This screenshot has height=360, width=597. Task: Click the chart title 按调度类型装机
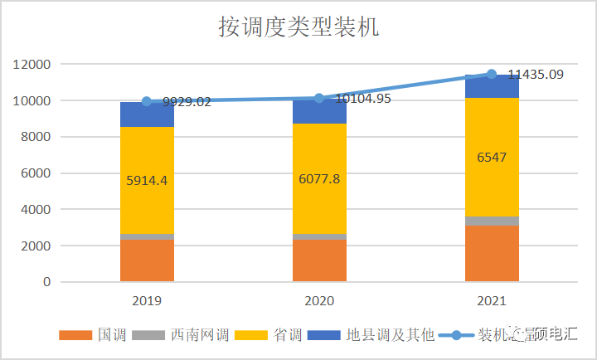coord(298,27)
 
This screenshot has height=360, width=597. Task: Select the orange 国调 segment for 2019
coord(147,260)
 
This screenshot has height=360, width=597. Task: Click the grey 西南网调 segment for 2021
coord(492,221)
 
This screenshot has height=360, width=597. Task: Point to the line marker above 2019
coord(147,101)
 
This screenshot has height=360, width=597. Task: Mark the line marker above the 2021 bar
coord(492,74)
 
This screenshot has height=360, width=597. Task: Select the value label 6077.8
coord(319,178)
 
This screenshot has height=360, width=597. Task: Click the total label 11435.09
coord(536,75)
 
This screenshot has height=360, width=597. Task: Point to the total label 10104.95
coord(363,99)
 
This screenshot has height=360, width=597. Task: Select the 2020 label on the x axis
coord(319,299)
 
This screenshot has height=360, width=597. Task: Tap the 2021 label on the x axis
coord(492,299)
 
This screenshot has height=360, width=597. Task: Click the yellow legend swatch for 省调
coord(250,335)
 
